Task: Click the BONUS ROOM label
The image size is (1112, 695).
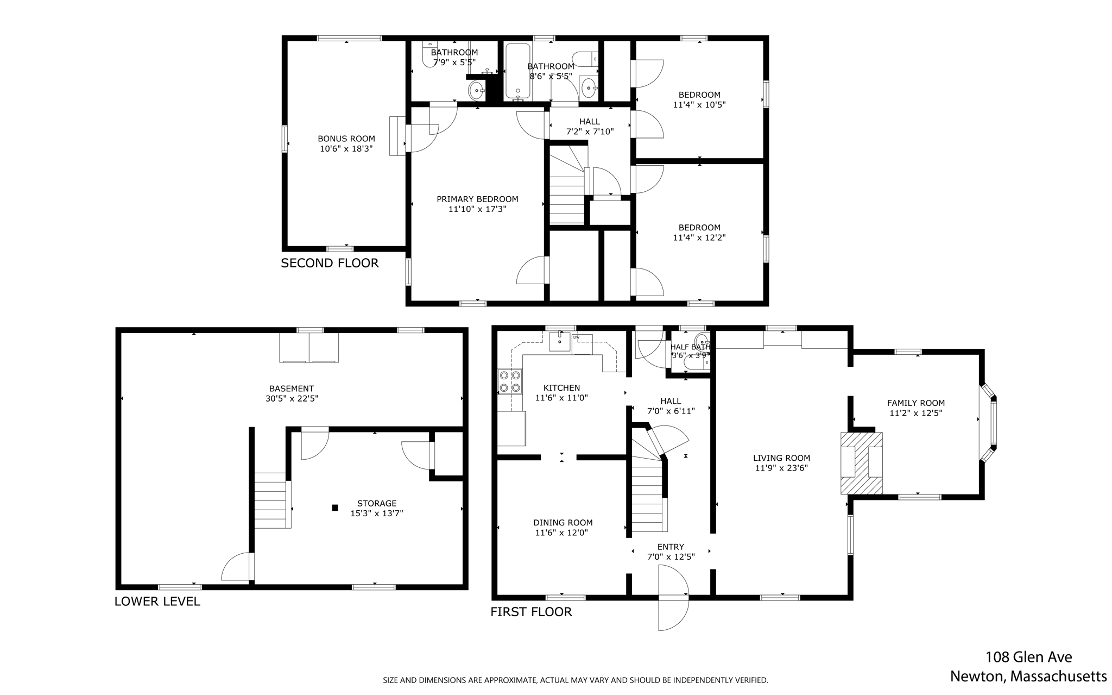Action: click(x=346, y=139)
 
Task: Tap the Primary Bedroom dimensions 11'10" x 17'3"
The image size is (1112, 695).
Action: click(x=477, y=209)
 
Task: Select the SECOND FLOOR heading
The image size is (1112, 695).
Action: click(x=330, y=263)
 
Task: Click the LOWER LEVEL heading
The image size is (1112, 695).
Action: click(x=157, y=601)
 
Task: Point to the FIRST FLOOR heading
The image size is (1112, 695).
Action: click(x=531, y=612)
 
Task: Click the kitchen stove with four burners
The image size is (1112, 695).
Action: click(x=510, y=381)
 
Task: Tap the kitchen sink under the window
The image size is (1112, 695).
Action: click(x=559, y=342)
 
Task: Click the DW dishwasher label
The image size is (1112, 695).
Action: click(x=576, y=337)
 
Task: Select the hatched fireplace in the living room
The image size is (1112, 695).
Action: click(x=861, y=463)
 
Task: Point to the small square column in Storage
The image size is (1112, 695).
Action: click(x=335, y=508)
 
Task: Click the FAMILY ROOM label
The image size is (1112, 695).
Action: click(x=915, y=403)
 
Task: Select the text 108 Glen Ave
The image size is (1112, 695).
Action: click(x=1028, y=657)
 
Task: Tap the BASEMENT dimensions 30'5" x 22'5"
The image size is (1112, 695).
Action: click(x=292, y=398)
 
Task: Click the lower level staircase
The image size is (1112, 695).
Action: click(x=270, y=500)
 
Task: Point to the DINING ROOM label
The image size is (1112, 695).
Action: click(x=563, y=523)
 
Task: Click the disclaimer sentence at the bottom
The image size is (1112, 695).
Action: click(x=575, y=680)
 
